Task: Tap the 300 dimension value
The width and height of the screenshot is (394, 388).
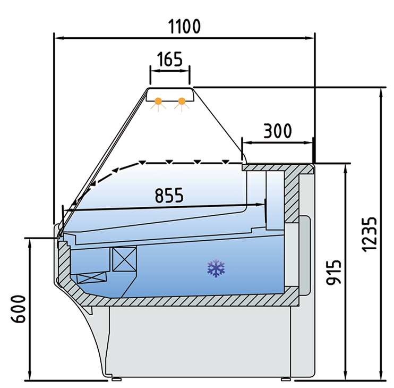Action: coord(278,131)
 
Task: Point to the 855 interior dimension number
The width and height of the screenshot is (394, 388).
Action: coord(169,196)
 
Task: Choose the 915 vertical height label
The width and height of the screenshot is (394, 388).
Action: coord(333,273)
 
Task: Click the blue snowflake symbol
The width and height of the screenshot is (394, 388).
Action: coord(216,268)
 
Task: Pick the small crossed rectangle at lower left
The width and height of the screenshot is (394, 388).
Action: coord(92,278)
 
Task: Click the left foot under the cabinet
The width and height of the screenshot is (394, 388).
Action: coord(116,379)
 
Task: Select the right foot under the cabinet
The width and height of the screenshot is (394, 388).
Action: coord(286,379)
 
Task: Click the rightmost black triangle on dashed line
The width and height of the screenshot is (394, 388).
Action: coord(225,162)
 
